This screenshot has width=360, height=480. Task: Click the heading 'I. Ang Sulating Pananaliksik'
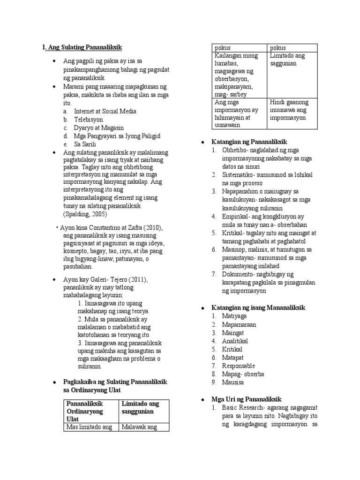[82, 47]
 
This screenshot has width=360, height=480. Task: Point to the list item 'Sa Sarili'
[86, 144]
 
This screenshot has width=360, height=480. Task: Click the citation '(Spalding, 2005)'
[85, 214]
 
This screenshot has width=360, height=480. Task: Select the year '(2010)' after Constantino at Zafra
[152, 227]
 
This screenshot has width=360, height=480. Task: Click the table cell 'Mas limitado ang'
[89, 427]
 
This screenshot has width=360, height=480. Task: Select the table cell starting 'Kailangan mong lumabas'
[236, 75]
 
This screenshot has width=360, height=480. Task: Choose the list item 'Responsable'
[239, 366]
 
